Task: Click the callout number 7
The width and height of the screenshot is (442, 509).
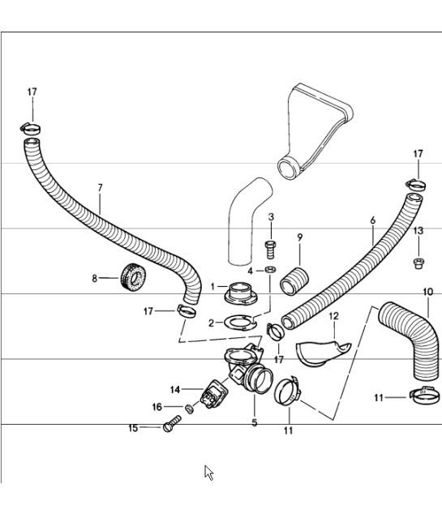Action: [x=100, y=188]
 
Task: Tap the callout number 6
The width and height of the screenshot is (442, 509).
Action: [x=372, y=220]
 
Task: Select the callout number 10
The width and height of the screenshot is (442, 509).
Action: [x=427, y=292]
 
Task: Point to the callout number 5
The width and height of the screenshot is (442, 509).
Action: [x=254, y=422]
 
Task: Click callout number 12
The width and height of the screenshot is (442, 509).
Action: [x=333, y=315]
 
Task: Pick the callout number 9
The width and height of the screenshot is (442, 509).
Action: [x=299, y=237]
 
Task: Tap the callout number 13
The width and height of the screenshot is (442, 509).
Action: [x=418, y=231]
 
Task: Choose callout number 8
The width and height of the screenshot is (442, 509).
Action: [x=94, y=278]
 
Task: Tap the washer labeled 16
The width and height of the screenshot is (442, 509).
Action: [x=187, y=406]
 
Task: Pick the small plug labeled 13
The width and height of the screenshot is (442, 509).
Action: [x=418, y=262]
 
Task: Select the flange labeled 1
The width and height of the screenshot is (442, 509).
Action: [x=240, y=290]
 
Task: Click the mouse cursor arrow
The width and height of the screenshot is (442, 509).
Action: [x=208, y=472]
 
